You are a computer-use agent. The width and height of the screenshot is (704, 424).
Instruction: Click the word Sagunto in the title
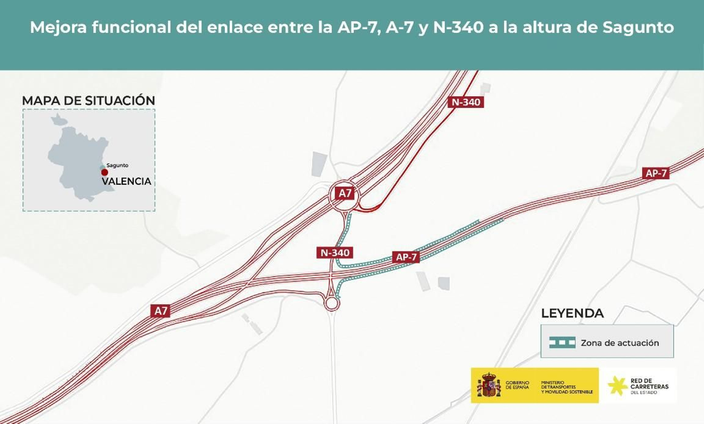638,27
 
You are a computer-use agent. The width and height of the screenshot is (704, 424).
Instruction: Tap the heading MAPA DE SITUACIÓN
88,101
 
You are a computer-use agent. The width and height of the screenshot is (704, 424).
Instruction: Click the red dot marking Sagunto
105,172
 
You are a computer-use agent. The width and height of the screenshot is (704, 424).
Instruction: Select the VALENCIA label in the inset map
126,181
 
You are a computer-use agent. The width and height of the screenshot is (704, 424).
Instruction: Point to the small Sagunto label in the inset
117,165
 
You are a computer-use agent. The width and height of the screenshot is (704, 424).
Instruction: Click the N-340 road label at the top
466,102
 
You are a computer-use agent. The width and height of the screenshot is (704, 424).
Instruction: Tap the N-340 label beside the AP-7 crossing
335,253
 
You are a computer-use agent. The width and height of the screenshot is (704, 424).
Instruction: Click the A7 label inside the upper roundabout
345,193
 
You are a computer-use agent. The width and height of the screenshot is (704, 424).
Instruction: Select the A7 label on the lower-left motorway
161,311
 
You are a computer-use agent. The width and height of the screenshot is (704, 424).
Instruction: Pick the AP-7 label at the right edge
656,173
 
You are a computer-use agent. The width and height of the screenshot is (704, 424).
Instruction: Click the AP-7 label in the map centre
406,257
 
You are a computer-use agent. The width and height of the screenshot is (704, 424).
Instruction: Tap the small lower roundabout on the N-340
331,303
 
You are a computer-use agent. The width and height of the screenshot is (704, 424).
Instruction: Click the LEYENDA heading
572,313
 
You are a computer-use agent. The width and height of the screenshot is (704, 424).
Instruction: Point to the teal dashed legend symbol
562,342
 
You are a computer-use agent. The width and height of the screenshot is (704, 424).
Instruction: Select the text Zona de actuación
620,343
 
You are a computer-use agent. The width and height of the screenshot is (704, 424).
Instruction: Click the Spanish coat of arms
488,385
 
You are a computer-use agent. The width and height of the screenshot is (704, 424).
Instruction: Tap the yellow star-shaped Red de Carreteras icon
617,385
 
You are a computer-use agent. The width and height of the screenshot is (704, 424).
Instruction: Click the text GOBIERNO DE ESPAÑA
517,385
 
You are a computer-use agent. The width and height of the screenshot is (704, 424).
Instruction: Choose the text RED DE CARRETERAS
649,384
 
